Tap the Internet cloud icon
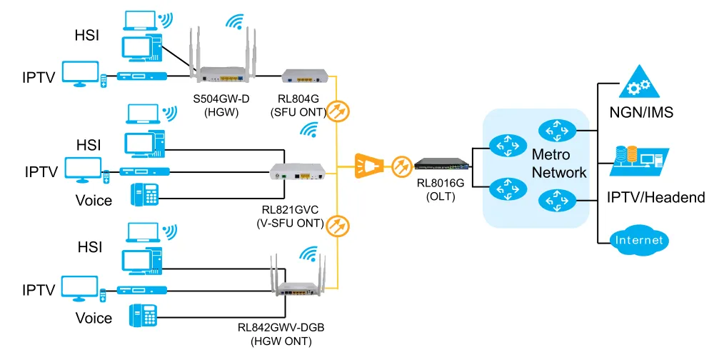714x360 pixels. [639, 240]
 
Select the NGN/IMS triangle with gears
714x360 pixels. [639, 81]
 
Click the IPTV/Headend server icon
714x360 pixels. [639, 161]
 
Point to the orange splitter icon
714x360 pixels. [370, 165]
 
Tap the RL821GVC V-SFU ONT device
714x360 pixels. [298, 172]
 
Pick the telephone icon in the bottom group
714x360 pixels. [144, 315]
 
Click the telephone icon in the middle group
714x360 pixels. [145, 195]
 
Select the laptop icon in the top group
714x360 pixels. [140, 21]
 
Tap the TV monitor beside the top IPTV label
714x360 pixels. [81, 74]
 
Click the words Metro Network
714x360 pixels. [559, 163]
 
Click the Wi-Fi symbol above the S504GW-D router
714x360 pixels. [235, 21]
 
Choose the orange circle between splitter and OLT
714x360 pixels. [402, 166]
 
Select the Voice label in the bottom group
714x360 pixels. [94, 318]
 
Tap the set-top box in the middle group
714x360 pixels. [145, 172]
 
